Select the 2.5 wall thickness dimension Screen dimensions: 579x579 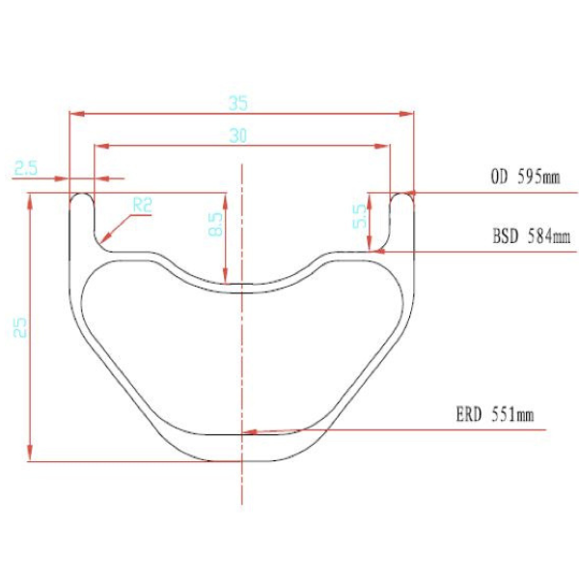tap(26, 168)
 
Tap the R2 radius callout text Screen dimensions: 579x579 tap(143, 205)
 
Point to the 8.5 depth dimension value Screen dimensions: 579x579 tap(214, 225)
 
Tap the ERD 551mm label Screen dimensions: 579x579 tap(494, 416)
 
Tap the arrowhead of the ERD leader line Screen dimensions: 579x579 tap(249, 432)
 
